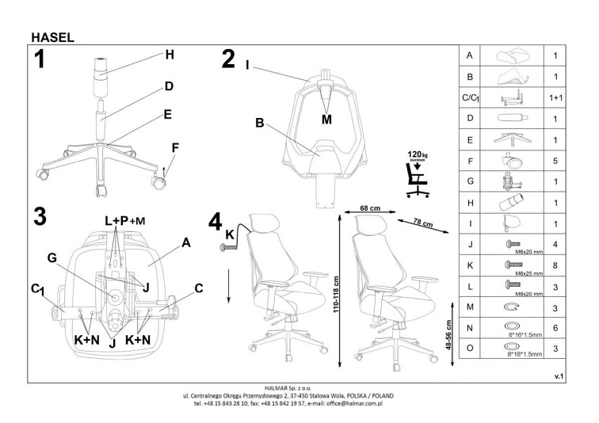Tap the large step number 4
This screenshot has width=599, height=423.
pyautogui.click(x=215, y=221)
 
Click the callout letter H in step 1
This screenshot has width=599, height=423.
pyautogui.click(x=169, y=55)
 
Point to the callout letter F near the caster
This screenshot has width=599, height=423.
pyautogui.click(x=174, y=147)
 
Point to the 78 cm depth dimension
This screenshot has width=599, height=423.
pyautogui.click(x=422, y=223)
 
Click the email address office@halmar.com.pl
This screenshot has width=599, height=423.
pyautogui.click(x=351, y=403)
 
